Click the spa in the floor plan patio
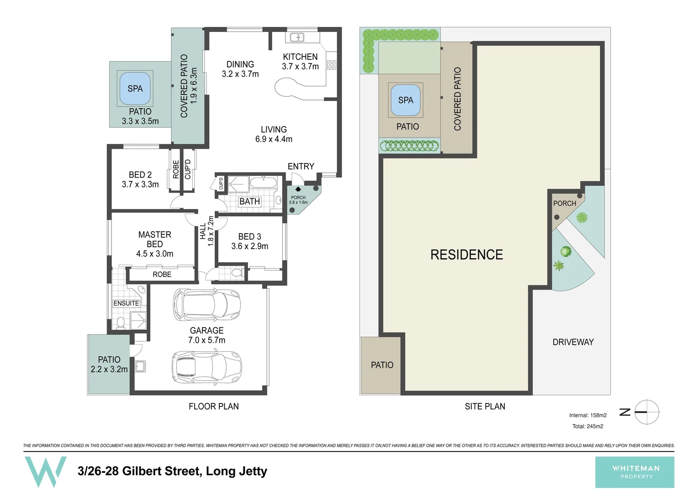pos(135,88)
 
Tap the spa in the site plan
pos(405,100)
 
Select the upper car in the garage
pos(206,304)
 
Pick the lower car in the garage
pos(206,367)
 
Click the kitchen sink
pos(297,37)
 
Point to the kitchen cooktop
pos(332,65)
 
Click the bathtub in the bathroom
pos(263,184)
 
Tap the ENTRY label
pos(301,166)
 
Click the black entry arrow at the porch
pos(298,189)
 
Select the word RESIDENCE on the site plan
pos(466,255)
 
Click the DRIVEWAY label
pos(573,342)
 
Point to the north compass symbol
pos(646,412)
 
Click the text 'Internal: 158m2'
pos(587,415)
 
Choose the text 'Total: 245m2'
pos(587,426)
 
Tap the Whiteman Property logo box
pos(635,472)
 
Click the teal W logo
pos(45,472)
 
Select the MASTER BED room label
pos(154,244)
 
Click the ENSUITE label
pos(126,303)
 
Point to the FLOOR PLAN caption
pos(213,406)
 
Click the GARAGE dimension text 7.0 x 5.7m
pos(206,340)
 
